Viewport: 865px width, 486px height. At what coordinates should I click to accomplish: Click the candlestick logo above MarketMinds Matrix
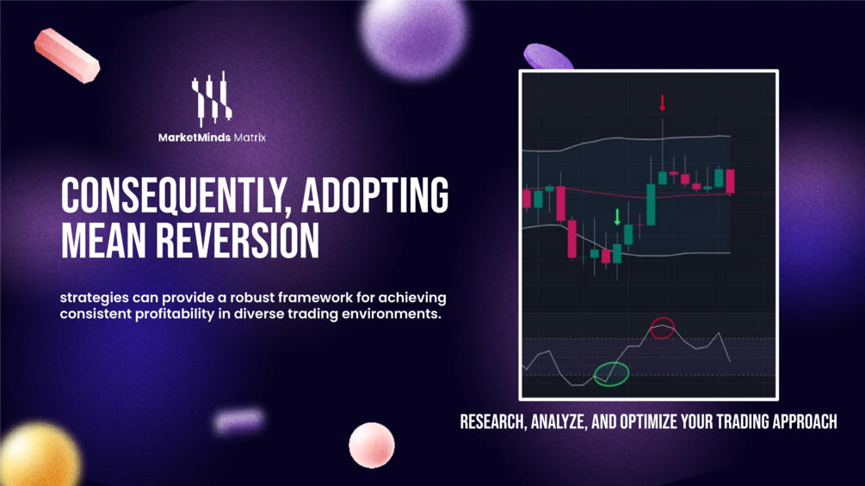click(211, 99)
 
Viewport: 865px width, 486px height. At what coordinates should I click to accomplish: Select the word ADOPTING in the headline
click(375, 195)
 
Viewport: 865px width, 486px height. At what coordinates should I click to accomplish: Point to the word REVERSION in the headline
click(238, 240)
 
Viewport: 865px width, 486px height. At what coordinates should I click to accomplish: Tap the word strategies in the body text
click(95, 298)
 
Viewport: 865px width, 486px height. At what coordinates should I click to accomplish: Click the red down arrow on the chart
click(663, 103)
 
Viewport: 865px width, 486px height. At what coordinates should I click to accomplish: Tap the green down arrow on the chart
click(617, 217)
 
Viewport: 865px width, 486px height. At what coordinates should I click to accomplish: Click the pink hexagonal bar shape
click(67, 56)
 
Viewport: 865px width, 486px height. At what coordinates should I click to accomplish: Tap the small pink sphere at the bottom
click(372, 446)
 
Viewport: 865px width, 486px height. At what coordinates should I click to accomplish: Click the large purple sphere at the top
click(415, 34)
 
